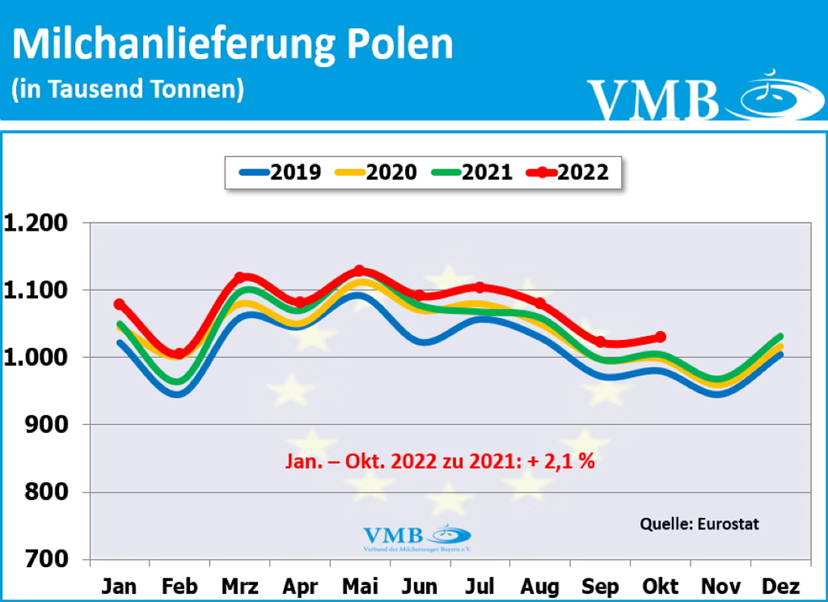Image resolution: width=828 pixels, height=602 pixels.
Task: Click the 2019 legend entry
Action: click(280, 172)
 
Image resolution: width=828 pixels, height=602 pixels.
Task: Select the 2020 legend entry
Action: click(376, 172)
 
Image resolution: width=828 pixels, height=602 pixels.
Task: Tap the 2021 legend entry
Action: click(473, 172)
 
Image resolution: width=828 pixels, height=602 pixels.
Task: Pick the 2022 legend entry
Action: click(568, 172)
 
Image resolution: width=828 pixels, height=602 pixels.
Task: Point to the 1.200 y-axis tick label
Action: click(36, 223)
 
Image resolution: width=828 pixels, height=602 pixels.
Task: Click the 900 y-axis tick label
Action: click(46, 424)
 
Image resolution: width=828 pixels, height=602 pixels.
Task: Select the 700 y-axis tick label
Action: click(46, 559)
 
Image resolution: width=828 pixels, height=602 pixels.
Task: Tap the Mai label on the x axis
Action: click(360, 586)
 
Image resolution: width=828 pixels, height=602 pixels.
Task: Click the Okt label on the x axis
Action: click(661, 586)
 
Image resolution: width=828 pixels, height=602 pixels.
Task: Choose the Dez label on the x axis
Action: click(781, 586)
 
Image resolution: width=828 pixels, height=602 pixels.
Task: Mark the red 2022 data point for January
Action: click(119, 304)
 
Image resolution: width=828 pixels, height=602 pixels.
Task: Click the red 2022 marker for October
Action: click(660, 337)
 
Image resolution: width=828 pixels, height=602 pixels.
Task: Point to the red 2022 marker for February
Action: click(179, 353)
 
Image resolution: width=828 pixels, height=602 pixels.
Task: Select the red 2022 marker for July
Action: click(480, 287)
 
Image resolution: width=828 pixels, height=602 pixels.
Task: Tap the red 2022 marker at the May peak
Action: click(359, 271)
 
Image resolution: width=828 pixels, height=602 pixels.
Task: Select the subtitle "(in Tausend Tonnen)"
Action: click(128, 89)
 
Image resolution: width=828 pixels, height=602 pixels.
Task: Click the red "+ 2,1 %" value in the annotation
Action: click(561, 461)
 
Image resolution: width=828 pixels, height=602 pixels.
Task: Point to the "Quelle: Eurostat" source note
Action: click(699, 524)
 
